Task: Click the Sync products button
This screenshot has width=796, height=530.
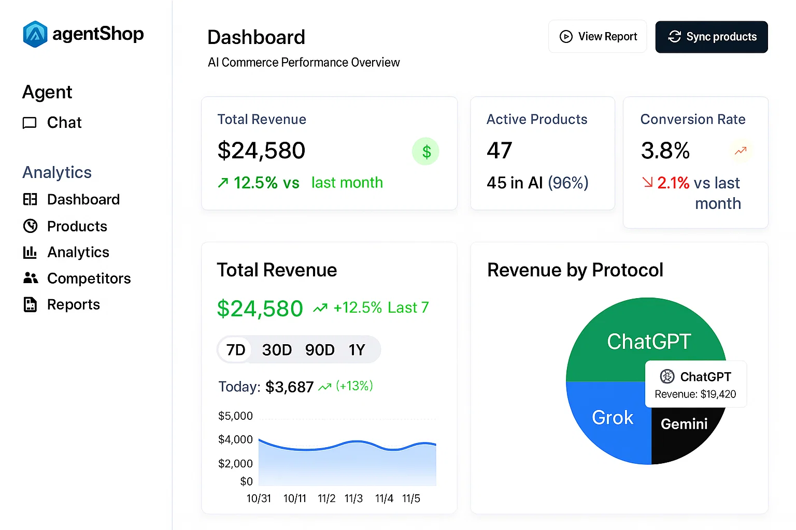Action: coord(712,37)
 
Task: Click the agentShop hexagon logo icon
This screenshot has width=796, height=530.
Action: coord(35,34)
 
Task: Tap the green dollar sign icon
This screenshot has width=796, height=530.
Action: coord(425,152)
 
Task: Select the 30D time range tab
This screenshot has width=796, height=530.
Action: coord(277,350)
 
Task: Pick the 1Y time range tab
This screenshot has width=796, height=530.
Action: coord(357,350)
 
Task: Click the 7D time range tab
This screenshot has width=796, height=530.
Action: coord(236,350)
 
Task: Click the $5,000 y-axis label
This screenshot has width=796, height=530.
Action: coord(235,416)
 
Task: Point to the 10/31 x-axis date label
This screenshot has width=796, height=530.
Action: coord(259,498)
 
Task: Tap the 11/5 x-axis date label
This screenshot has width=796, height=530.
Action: coord(411,498)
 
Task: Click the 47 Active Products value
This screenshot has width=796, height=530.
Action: coord(499,151)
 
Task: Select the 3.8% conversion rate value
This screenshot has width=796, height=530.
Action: coord(665,151)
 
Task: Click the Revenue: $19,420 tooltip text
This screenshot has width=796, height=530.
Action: coord(695,394)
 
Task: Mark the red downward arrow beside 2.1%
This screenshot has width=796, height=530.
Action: coord(648,182)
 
